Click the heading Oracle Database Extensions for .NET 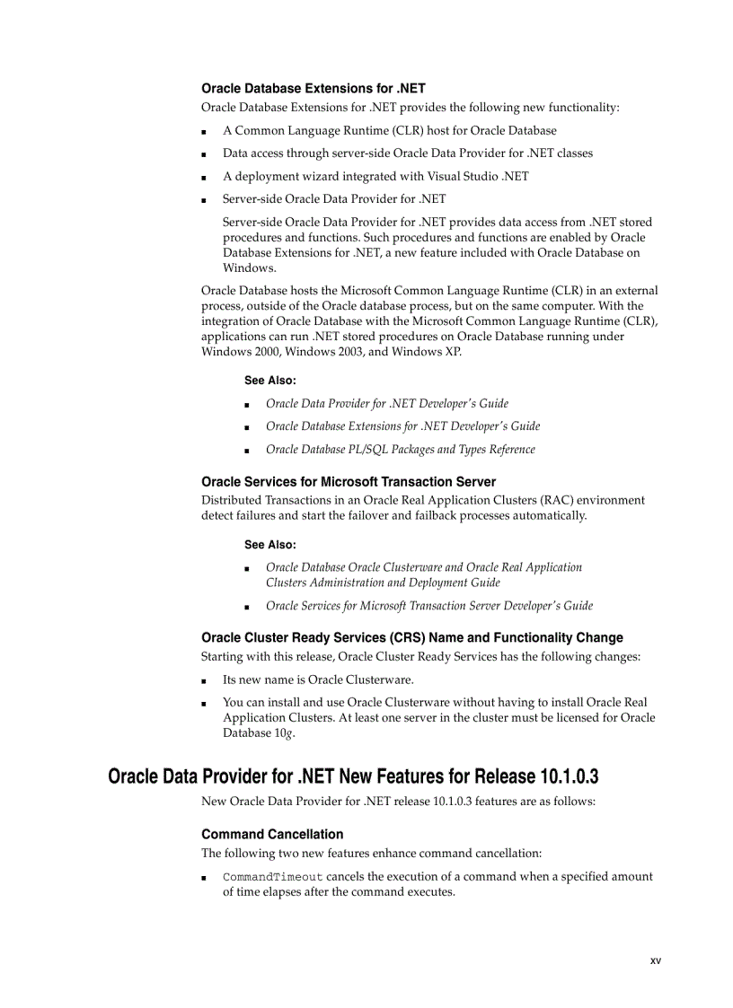pos(313,88)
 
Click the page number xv pos(655,960)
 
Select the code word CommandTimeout pos(272,877)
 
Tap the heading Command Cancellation pos(272,834)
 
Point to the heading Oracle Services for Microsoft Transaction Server pos(349,481)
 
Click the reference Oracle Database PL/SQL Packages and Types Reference pos(400,450)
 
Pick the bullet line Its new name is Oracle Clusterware pos(318,679)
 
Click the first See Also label pos(269,381)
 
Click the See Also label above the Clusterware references pos(269,545)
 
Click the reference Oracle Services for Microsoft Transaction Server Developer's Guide pos(428,606)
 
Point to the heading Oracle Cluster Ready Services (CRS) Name pos(411,637)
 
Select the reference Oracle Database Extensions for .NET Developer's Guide pos(402,426)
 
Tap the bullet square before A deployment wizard pos(205,177)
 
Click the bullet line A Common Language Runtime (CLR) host pos(389,130)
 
